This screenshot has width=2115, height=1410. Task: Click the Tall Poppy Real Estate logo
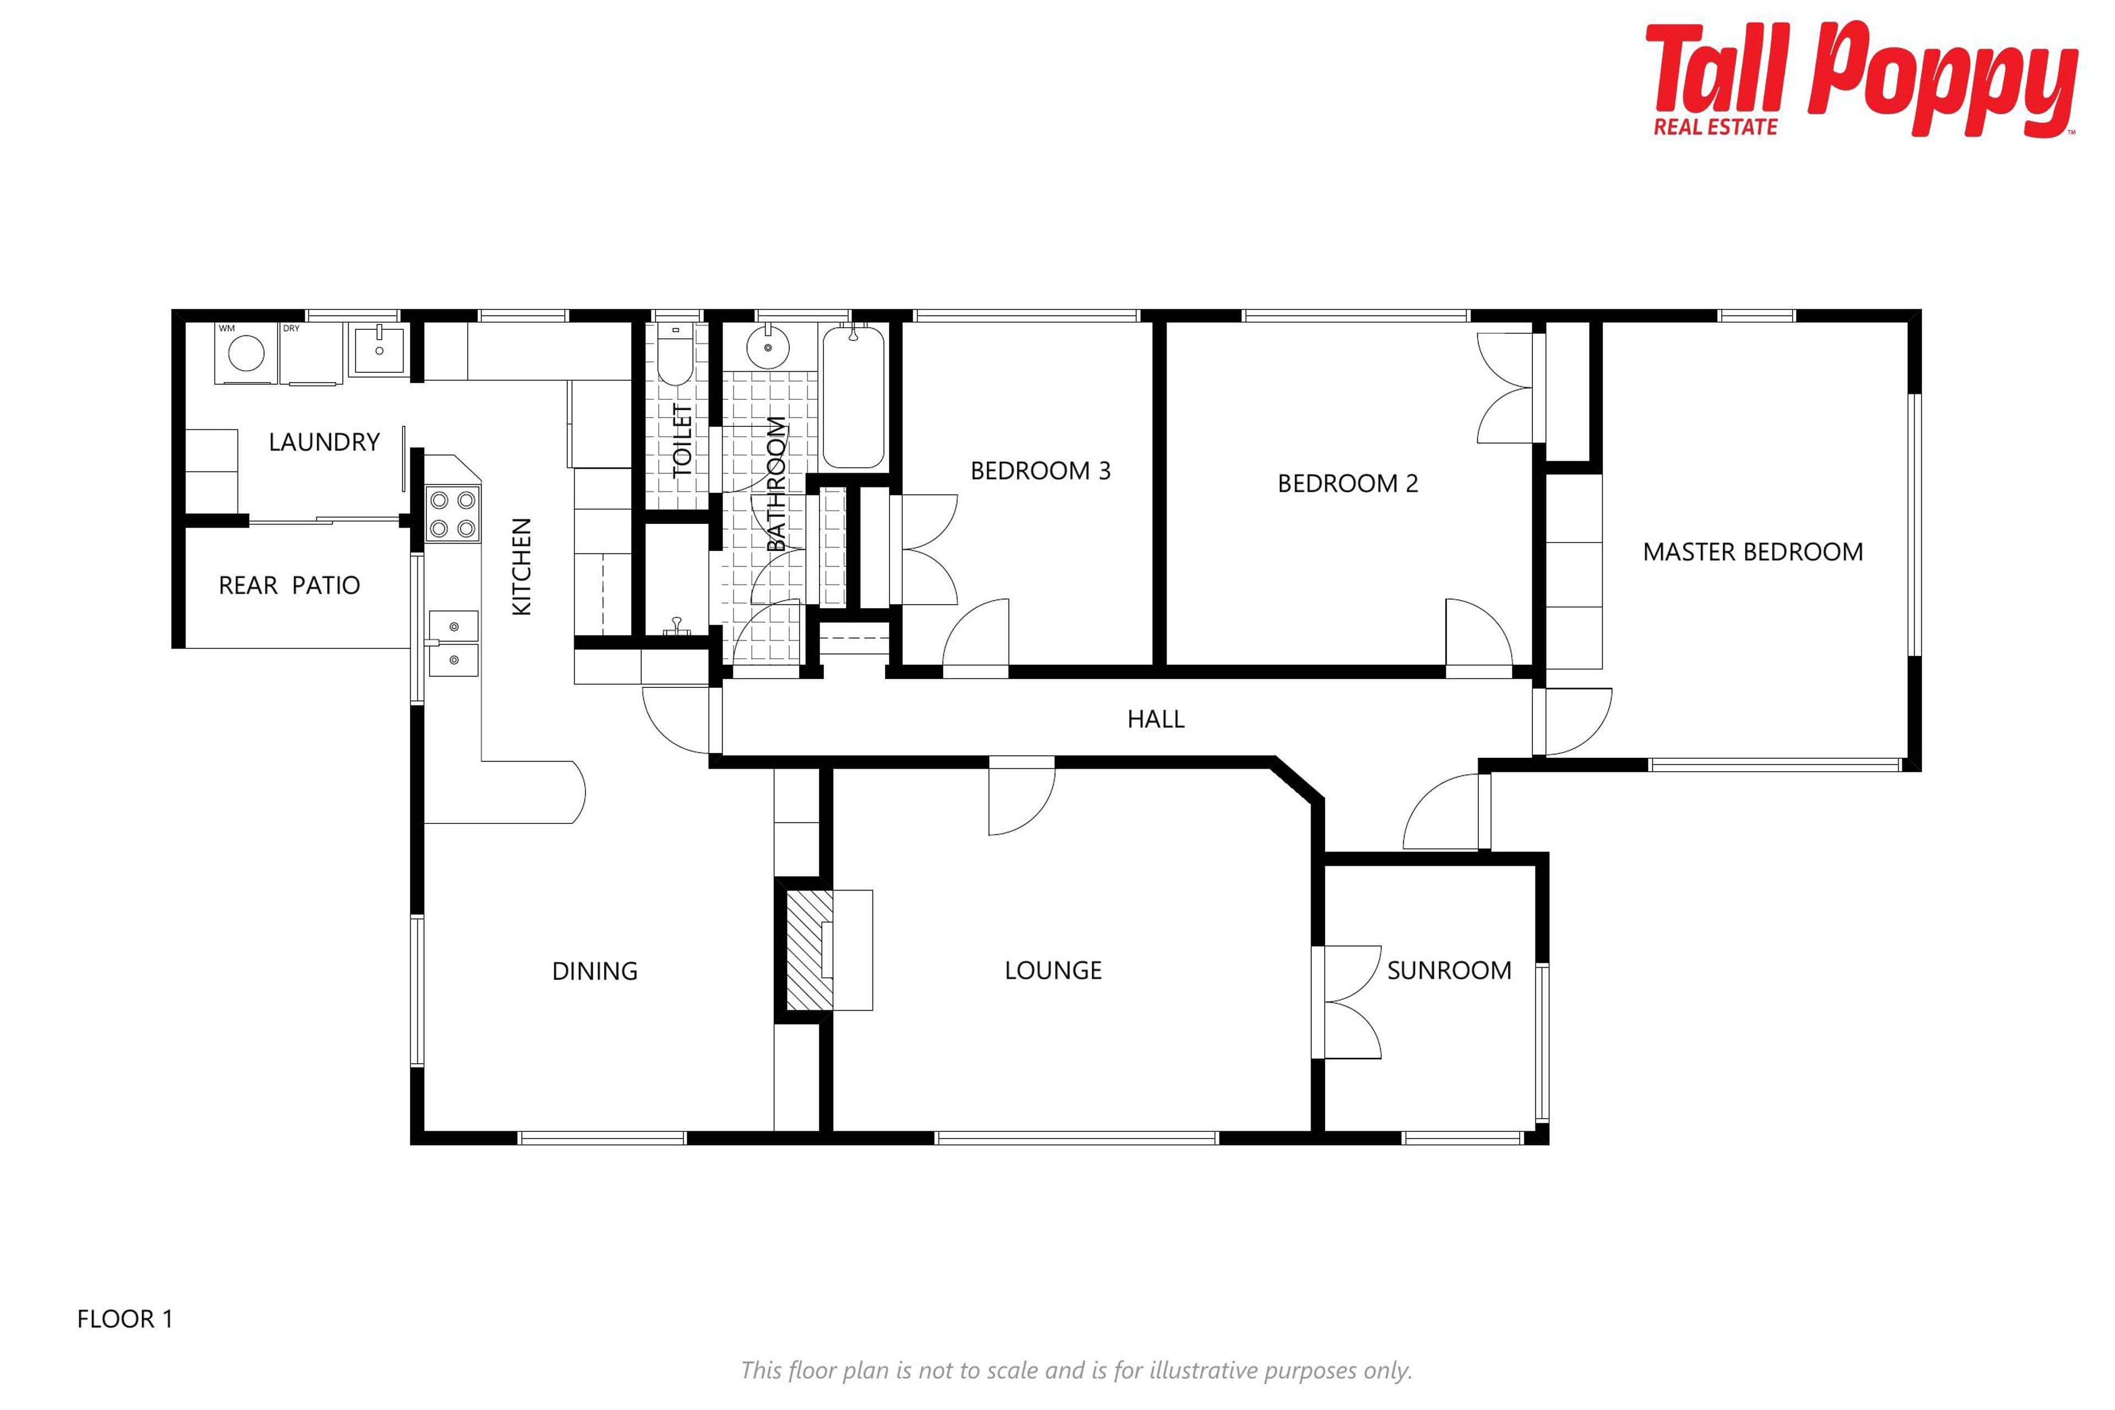coord(1862,81)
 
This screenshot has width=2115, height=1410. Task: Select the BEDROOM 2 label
coord(1348,484)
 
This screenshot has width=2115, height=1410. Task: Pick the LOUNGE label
coord(1053,970)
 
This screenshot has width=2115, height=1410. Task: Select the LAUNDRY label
coord(324,442)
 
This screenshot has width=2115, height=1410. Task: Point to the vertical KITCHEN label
coord(522,567)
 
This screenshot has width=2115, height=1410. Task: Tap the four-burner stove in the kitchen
coord(452,514)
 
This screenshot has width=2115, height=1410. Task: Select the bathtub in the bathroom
coord(853,397)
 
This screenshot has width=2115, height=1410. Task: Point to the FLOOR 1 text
coord(125,1319)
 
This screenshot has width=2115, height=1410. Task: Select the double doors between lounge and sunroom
coord(1346,1002)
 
